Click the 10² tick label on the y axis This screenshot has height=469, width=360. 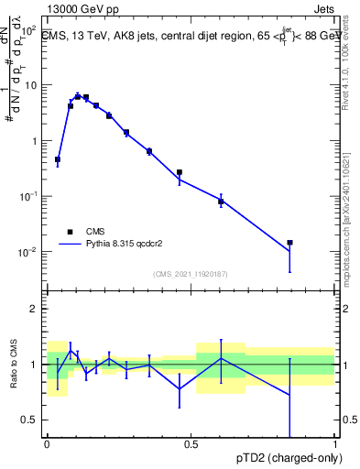[x=28, y=28]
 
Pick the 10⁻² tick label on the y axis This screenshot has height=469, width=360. [x=28, y=252]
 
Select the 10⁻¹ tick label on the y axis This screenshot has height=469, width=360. [x=28, y=196]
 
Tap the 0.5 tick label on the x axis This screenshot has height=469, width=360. [x=191, y=444]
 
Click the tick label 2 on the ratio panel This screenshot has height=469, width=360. [x=34, y=309]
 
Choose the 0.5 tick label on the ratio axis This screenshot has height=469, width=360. [x=29, y=420]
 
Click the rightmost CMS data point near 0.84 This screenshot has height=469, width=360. [x=289, y=243]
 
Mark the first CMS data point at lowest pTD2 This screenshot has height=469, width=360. [x=58, y=159]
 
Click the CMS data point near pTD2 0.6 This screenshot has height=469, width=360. [x=221, y=201]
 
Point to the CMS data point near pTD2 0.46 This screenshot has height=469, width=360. [x=180, y=172]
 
